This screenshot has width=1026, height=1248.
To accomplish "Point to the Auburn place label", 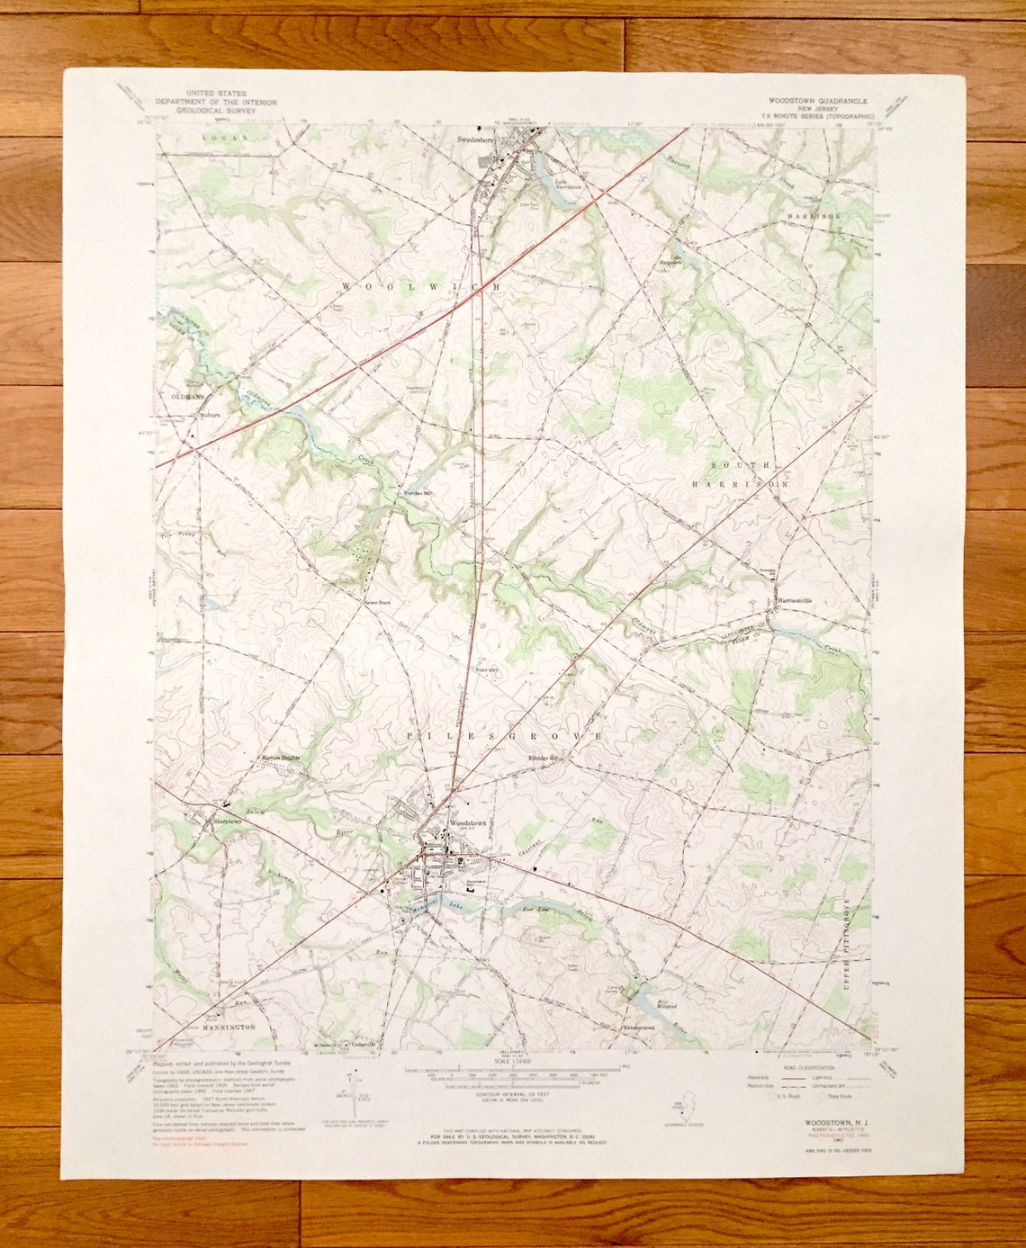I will click(x=209, y=416).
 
